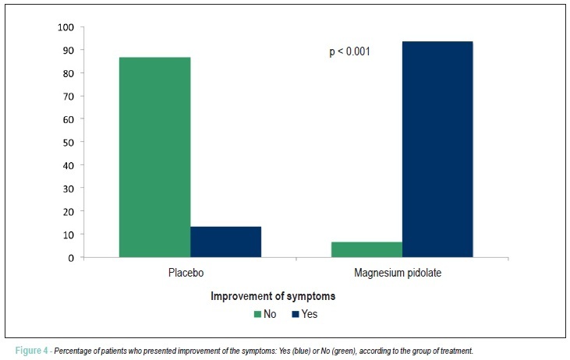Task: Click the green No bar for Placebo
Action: click(x=155, y=157)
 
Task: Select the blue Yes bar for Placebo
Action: click(x=226, y=242)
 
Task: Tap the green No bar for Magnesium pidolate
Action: click(x=366, y=249)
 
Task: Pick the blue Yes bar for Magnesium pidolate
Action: click(x=437, y=150)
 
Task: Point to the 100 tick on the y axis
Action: click(x=65, y=27)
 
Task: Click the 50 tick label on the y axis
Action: click(x=69, y=143)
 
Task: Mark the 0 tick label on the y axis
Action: click(x=71, y=258)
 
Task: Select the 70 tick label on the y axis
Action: click(x=69, y=97)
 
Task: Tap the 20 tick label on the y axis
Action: click(x=69, y=212)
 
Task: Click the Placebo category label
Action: click(x=186, y=273)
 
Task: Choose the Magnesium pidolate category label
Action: click(x=398, y=273)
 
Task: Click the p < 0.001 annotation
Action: click(x=349, y=52)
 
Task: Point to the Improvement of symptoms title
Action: click(x=273, y=296)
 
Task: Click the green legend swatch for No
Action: click(x=258, y=314)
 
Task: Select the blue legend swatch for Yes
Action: click(x=296, y=314)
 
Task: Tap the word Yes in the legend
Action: click(x=310, y=314)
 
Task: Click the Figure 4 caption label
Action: click(x=31, y=351)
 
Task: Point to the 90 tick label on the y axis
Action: click(x=69, y=50)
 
